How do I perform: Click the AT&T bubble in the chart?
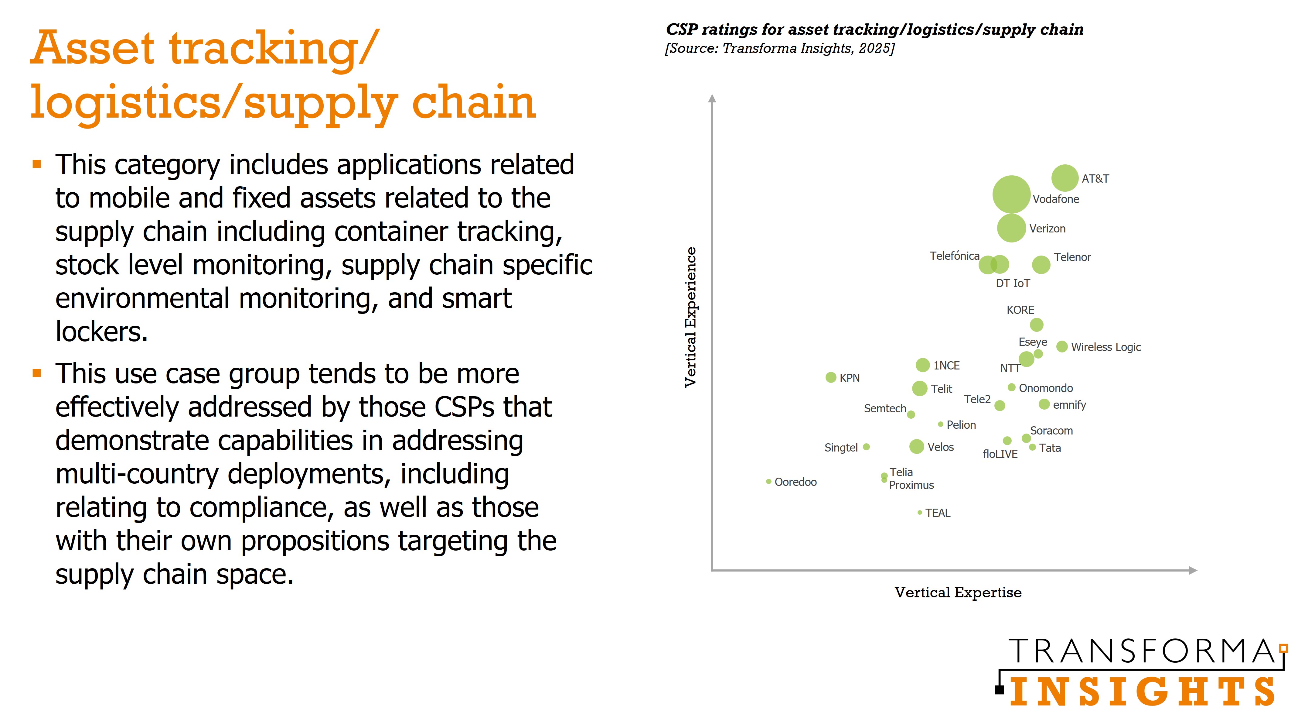point(1064,178)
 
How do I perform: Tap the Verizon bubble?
point(1011,228)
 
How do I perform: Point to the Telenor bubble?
point(1041,264)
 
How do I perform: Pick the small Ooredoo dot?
point(768,482)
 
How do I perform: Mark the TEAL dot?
point(920,512)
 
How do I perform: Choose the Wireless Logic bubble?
point(1062,346)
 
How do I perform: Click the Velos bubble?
point(916,446)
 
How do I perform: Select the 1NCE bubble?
point(922,365)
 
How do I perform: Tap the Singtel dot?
point(866,447)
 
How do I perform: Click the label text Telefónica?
point(954,256)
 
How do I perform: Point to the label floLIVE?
point(1000,454)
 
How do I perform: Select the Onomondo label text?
point(1046,388)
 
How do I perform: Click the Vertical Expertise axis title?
point(957,592)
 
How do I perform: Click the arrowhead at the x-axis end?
point(1193,570)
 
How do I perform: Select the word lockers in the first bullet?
point(101,332)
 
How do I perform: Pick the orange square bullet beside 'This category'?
point(36,164)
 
